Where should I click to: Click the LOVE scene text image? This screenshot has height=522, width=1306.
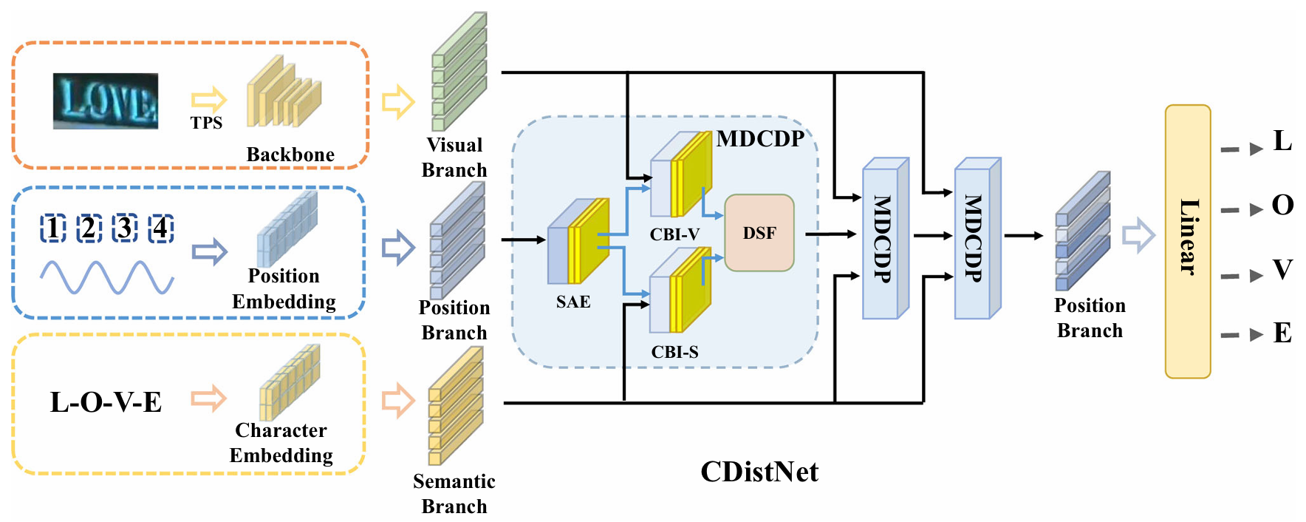pyautogui.click(x=106, y=101)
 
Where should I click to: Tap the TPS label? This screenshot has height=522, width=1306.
pyautogui.click(x=206, y=123)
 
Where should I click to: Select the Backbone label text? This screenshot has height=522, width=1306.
pyautogui.click(x=290, y=155)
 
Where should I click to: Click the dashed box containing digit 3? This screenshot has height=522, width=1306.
pyautogui.click(x=125, y=228)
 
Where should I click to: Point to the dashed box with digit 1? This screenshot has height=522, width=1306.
pyautogui.click(x=52, y=228)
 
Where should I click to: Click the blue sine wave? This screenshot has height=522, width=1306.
pyautogui.click(x=106, y=278)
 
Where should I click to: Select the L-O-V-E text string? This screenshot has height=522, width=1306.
pyautogui.click(x=106, y=402)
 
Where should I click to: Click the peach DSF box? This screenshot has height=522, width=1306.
pyautogui.click(x=759, y=233)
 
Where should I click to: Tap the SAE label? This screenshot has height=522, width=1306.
pyautogui.click(x=573, y=302)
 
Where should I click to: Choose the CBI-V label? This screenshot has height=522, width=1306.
pyautogui.click(x=674, y=234)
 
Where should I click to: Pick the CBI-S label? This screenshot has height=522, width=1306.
pyautogui.click(x=674, y=352)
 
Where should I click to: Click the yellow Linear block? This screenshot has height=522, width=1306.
pyautogui.click(x=1187, y=241)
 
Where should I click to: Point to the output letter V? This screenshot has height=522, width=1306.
pyautogui.click(x=1282, y=270)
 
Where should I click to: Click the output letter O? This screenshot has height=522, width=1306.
pyautogui.click(x=1282, y=205)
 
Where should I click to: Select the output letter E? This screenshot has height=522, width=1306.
pyautogui.click(x=1282, y=333)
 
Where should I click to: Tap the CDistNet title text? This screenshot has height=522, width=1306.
pyautogui.click(x=759, y=472)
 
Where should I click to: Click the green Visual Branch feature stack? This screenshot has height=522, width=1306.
pyautogui.click(x=459, y=72)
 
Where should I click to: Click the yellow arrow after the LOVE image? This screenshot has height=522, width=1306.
pyautogui.click(x=208, y=100)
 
